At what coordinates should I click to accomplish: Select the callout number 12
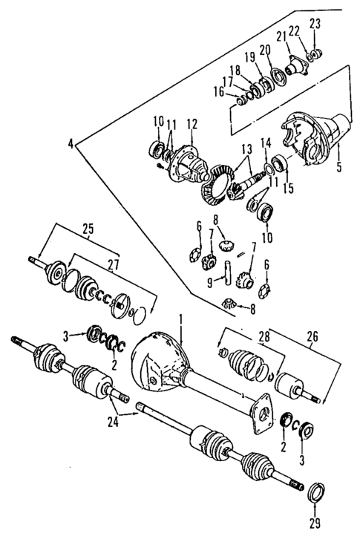[192, 122]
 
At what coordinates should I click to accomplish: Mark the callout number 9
[209, 281]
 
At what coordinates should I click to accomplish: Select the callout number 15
[287, 188]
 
